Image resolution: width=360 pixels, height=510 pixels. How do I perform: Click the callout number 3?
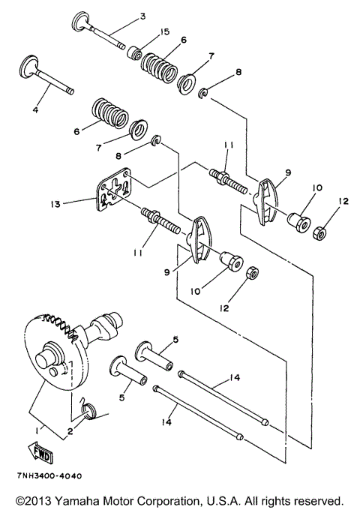tap(143, 16)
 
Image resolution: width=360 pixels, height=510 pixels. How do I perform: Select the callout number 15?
tap(165, 31)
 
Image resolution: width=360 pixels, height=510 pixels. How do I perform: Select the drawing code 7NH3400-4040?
tap(46, 476)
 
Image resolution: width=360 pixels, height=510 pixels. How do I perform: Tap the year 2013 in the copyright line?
tap(38, 499)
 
